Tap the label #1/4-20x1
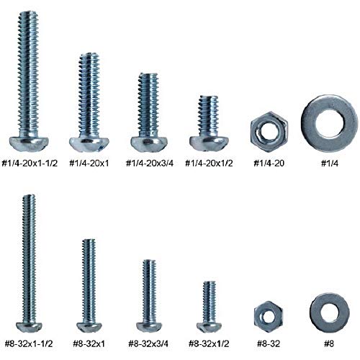89,163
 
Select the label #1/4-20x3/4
149,163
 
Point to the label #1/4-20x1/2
210,163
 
